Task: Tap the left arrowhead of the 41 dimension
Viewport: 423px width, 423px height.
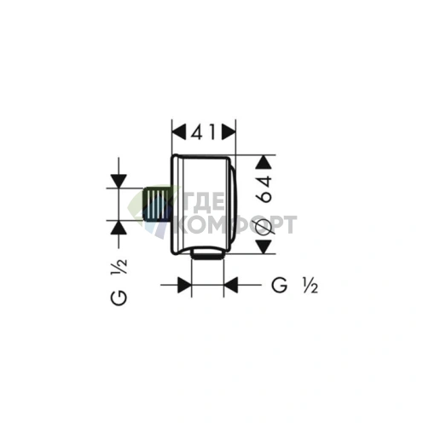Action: coord(179,132)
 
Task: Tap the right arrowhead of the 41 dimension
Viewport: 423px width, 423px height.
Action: coord(229,132)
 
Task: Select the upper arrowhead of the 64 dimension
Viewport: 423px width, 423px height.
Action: coord(263,162)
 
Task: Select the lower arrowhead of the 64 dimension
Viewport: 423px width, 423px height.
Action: coord(263,246)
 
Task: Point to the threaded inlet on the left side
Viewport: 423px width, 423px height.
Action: coord(156,204)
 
